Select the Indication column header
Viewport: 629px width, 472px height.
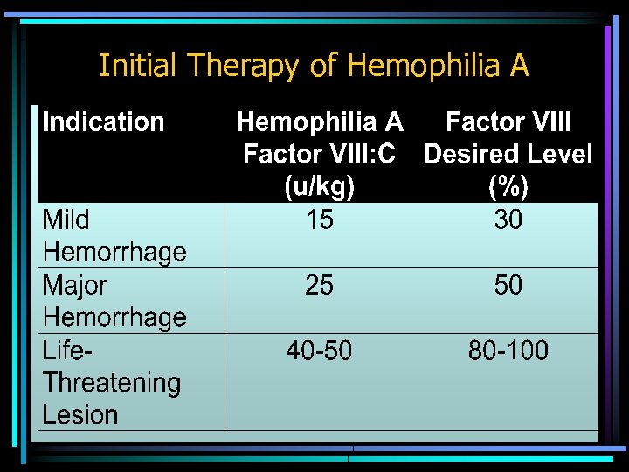tap(103, 122)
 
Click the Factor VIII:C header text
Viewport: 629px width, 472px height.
tap(320, 155)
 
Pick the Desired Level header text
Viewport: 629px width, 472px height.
tap(508, 155)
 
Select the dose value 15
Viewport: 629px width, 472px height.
tap(320, 220)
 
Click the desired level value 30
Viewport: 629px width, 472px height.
tap(508, 220)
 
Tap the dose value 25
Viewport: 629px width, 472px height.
tap(320, 286)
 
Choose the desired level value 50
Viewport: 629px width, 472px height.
tap(508, 286)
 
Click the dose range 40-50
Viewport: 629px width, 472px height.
tap(320, 351)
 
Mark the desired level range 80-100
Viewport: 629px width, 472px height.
tap(508, 351)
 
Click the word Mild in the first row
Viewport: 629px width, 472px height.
tap(66, 220)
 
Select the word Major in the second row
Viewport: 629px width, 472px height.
tap(75, 286)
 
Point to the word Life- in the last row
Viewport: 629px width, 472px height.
tap(67, 351)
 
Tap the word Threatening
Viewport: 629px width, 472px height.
tap(112, 383)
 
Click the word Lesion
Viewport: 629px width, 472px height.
tap(80, 415)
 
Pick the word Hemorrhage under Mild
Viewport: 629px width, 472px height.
tap(114, 253)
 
